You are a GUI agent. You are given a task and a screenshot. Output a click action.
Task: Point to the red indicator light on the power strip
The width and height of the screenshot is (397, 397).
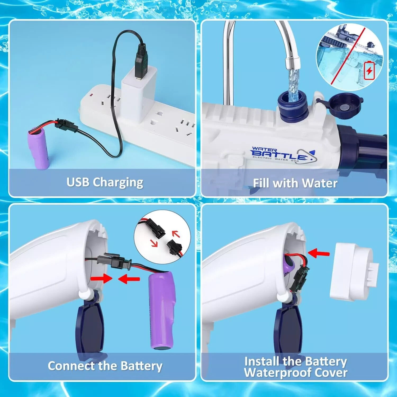click(x=92, y=95)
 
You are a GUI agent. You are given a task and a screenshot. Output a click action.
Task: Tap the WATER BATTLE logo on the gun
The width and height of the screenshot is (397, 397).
click(x=283, y=155)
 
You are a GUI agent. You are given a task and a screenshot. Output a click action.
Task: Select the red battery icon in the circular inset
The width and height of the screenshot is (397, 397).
click(x=369, y=70)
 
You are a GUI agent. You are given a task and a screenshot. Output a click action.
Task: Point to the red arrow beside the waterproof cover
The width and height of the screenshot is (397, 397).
click(x=319, y=253)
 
